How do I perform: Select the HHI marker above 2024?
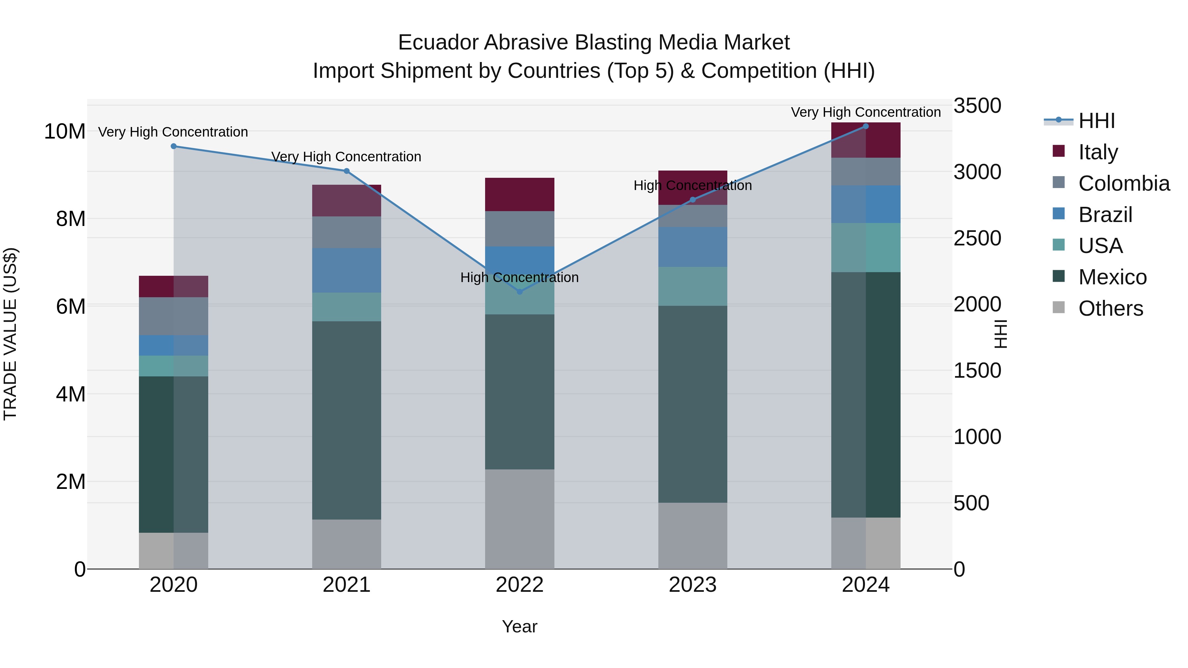[x=866, y=126]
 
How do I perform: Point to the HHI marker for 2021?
[x=347, y=171]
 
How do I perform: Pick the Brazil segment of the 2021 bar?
[x=347, y=270]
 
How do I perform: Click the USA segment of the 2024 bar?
[x=866, y=247]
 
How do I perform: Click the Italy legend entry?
[x=1098, y=152]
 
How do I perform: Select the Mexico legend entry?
[x=1112, y=277]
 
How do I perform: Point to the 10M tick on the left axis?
[x=65, y=131]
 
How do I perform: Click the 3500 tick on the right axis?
[x=977, y=106]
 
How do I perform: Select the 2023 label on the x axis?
[x=693, y=585]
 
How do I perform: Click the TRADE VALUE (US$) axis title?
[x=10, y=334]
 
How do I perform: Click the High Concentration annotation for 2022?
[x=520, y=277]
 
